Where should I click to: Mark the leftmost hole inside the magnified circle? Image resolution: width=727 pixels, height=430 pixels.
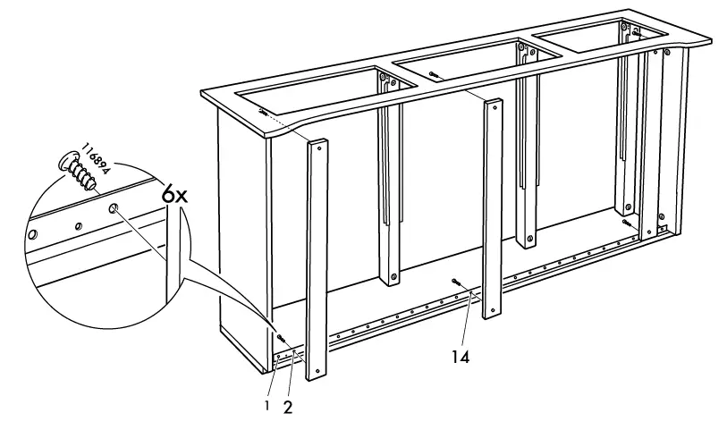[33, 236]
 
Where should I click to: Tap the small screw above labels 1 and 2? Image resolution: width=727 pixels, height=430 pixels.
[280, 338]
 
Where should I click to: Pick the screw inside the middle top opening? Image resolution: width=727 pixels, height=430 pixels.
[433, 74]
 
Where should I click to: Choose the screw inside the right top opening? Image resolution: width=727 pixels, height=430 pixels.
[636, 33]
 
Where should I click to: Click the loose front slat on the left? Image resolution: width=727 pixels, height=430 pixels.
[317, 259]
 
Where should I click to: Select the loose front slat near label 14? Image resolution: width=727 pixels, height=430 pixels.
[492, 210]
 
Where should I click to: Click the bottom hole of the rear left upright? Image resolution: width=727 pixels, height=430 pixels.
[392, 278]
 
